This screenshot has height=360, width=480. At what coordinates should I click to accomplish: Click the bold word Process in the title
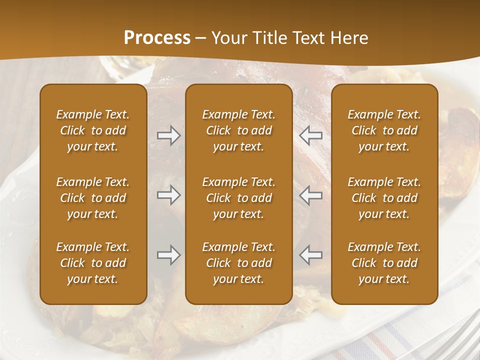point(157,37)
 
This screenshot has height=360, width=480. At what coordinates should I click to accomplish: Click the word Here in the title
point(349,37)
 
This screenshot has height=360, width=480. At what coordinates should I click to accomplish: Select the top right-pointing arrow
point(169,135)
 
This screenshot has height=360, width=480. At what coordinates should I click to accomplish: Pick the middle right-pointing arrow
point(169,195)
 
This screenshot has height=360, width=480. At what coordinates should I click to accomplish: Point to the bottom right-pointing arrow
point(169,255)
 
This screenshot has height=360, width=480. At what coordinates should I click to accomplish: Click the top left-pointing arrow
point(311,135)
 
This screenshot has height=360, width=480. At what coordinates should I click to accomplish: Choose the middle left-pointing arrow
point(311,195)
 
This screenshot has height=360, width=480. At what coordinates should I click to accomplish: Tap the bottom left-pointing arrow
point(311,255)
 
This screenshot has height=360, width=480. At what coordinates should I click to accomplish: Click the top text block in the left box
point(93,130)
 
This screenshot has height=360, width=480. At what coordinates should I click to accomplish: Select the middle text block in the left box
point(93,198)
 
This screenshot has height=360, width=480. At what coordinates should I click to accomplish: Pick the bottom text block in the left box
point(93,263)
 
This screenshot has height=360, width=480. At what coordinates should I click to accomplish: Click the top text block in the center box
point(239,130)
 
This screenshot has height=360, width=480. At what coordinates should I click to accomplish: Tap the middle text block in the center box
point(239,198)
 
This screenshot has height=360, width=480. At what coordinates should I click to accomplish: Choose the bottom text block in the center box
point(239,263)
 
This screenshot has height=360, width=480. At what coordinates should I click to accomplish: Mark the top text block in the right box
point(384,130)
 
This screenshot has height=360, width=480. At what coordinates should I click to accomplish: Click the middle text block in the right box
point(384,198)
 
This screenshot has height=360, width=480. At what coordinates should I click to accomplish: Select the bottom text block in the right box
point(384,263)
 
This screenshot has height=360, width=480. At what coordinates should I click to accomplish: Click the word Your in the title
point(228,37)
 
